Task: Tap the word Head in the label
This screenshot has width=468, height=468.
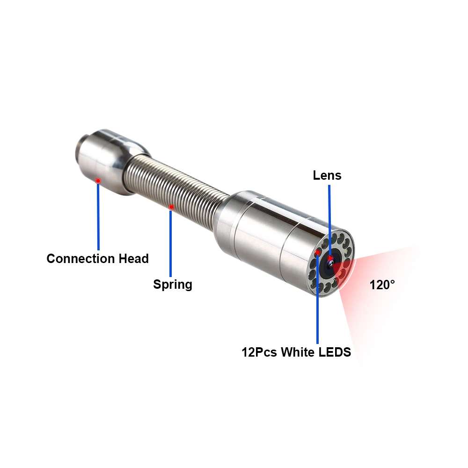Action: [x=133, y=258]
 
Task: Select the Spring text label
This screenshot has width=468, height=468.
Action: [x=173, y=284]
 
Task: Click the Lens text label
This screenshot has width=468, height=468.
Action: [x=327, y=175]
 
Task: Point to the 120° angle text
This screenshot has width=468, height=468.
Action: [x=382, y=285]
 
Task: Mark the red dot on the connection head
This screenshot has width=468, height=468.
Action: [x=98, y=181]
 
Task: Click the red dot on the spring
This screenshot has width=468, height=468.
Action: [x=171, y=207]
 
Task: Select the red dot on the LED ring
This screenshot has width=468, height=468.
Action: [x=318, y=253]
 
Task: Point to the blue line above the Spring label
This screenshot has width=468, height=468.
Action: [x=171, y=243]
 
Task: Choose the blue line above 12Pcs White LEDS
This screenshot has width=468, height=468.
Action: [x=318, y=304]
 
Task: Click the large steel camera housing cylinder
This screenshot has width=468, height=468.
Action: [x=271, y=234]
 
